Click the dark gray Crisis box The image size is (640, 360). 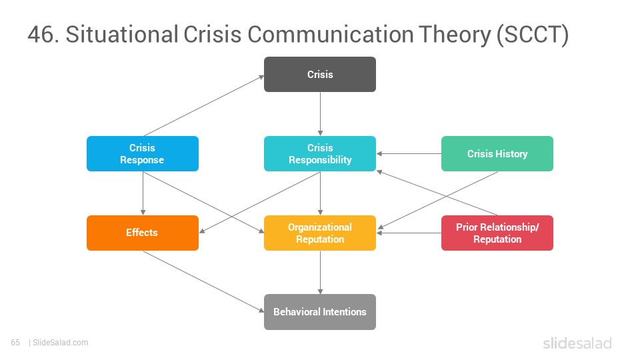coord(320,74)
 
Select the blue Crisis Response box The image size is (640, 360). coord(143,153)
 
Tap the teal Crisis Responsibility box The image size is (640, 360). coord(320,153)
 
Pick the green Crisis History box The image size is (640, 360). coord(497,153)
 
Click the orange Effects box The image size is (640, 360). coord(143,233)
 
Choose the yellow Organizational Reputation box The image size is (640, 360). coord(320,233)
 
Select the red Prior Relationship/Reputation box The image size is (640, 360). coord(497,233)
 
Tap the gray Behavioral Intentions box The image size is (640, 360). coord(320,312)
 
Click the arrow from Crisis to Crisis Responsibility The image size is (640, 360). coord(320,114)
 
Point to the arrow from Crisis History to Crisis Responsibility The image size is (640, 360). coord(409,153)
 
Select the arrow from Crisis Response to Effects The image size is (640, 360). coord(143,193)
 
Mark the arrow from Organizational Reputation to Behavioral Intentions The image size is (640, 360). coord(320,272)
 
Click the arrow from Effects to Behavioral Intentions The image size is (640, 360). coord(204,281)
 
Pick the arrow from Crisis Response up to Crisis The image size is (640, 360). coord(204,106)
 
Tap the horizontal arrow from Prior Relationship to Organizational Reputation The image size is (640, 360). coord(409,233)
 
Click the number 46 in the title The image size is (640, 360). coord(41,34)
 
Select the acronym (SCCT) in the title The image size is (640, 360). coord(532,35)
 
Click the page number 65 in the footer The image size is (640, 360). coord(15,343)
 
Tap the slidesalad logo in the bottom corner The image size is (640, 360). coord(577,343)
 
